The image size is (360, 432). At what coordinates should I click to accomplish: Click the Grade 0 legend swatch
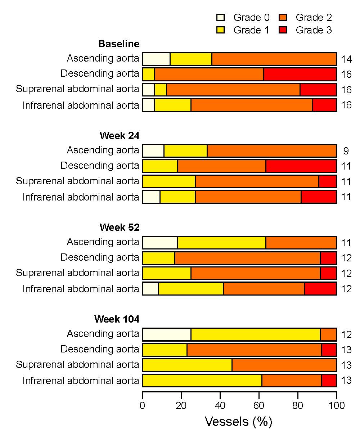click(x=220, y=17)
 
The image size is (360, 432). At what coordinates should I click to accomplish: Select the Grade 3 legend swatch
click(x=283, y=30)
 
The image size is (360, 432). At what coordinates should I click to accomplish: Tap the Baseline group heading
click(x=119, y=44)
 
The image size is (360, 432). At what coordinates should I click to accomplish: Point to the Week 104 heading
click(x=117, y=319)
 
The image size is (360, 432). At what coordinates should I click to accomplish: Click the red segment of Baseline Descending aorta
click(x=300, y=75)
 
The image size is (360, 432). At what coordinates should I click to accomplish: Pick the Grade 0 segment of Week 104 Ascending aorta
click(x=166, y=334)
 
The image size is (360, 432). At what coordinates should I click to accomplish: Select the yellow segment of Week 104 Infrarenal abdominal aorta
click(x=202, y=381)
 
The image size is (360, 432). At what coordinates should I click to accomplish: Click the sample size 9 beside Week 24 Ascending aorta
click(x=346, y=151)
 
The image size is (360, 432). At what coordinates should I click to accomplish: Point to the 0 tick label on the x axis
click(x=143, y=406)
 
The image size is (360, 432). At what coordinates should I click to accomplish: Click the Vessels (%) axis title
click(x=238, y=421)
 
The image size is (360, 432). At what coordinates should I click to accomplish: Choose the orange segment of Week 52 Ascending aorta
click(x=301, y=243)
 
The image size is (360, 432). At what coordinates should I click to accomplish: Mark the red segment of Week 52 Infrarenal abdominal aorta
click(x=320, y=289)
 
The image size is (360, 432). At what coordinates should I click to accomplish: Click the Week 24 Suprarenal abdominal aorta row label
click(x=77, y=181)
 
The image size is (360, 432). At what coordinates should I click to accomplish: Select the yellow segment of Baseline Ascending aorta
click(x=191, y=59)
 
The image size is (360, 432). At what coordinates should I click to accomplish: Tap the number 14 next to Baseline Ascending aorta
click(x=346, y=59)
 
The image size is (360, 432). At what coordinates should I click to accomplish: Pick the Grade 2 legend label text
click(x=314, y=17)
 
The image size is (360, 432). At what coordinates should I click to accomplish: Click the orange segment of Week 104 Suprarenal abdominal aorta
click(x=284, y=365)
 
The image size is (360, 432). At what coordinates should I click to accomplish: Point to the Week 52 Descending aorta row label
click(x=100, y=258)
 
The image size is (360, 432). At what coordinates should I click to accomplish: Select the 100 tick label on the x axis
click(x=337, y=406)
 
